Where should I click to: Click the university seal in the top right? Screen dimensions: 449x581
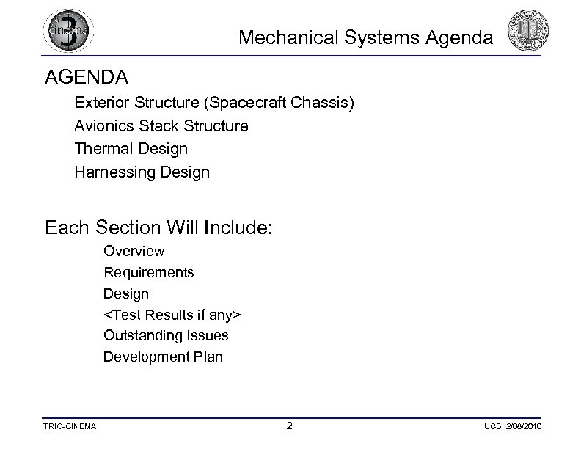[x=529, y=32]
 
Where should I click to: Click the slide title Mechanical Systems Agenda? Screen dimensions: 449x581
[x=366, y=37]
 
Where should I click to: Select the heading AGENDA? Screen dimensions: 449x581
[x=86, y=76]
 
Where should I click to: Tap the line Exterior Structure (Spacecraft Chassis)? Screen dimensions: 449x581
[x=214, y=102]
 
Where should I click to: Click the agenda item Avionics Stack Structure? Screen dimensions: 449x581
[x=161, y=125]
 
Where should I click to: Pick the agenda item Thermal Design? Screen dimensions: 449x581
[x=131, y=149]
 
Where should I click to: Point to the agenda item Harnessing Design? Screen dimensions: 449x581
[x=142, y=172]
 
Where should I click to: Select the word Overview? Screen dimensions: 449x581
[x=134, y=251]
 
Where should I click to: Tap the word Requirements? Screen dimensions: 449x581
[x=148, y=272]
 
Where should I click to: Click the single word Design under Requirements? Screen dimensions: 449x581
[x=125, y=293]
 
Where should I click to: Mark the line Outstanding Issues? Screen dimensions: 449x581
[x=166, y=335]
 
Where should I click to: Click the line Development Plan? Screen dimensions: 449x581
[x=163, y=357]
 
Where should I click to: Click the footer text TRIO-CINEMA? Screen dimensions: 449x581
[x=70, y=427]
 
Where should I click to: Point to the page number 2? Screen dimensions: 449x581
[x=290, y=426]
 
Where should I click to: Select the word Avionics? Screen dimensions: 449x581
[x=103, y=125]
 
